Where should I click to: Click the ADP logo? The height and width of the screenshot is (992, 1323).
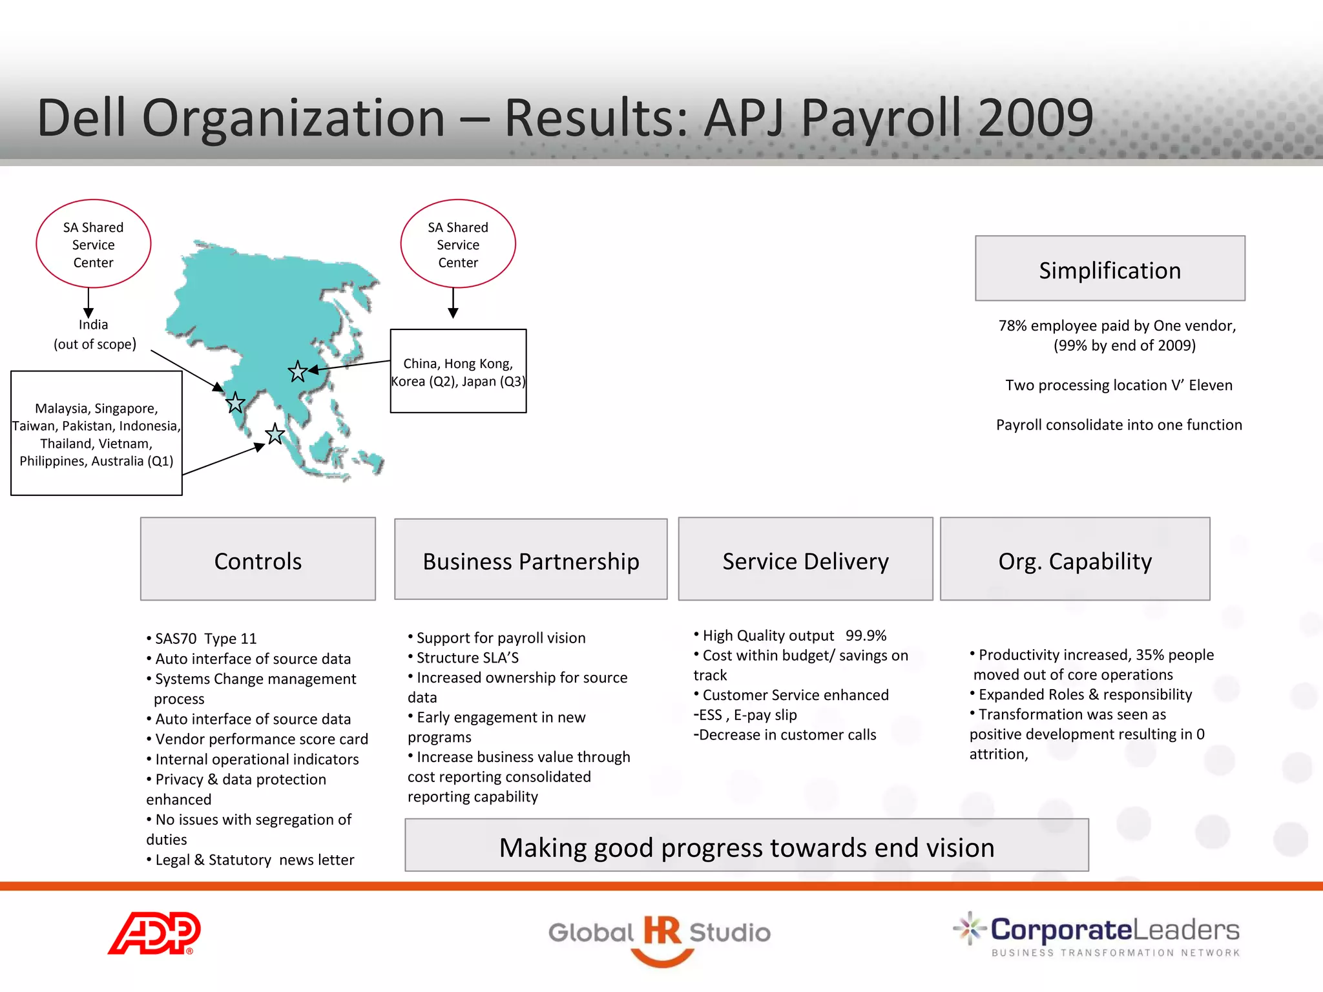154,933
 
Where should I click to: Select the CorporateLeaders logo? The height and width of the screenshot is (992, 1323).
1097,934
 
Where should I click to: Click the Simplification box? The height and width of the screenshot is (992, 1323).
1110,269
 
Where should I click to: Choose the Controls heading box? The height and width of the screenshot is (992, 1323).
258,559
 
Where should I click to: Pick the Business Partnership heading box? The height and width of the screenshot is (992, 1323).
530,559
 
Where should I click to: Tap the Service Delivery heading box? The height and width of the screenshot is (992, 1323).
805,559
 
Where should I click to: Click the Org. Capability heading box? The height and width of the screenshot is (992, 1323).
1074,559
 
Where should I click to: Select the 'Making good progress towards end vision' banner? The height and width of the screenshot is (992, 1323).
746,846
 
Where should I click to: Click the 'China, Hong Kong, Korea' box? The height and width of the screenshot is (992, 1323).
458,371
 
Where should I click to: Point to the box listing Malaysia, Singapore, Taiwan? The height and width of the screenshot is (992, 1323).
96,433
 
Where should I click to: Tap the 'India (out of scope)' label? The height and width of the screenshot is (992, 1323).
94,334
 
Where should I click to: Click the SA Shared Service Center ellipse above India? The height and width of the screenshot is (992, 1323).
94,244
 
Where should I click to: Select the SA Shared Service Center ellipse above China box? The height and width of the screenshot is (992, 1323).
458,244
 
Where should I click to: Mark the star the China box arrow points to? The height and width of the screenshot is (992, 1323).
298,371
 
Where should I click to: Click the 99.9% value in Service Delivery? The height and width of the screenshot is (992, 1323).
866,635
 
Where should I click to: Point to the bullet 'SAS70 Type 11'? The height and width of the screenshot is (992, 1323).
205,639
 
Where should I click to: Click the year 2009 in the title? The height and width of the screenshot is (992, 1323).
1035,118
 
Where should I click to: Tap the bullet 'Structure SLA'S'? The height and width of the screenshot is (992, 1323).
467,657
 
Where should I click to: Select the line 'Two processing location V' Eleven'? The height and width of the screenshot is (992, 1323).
1118,385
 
